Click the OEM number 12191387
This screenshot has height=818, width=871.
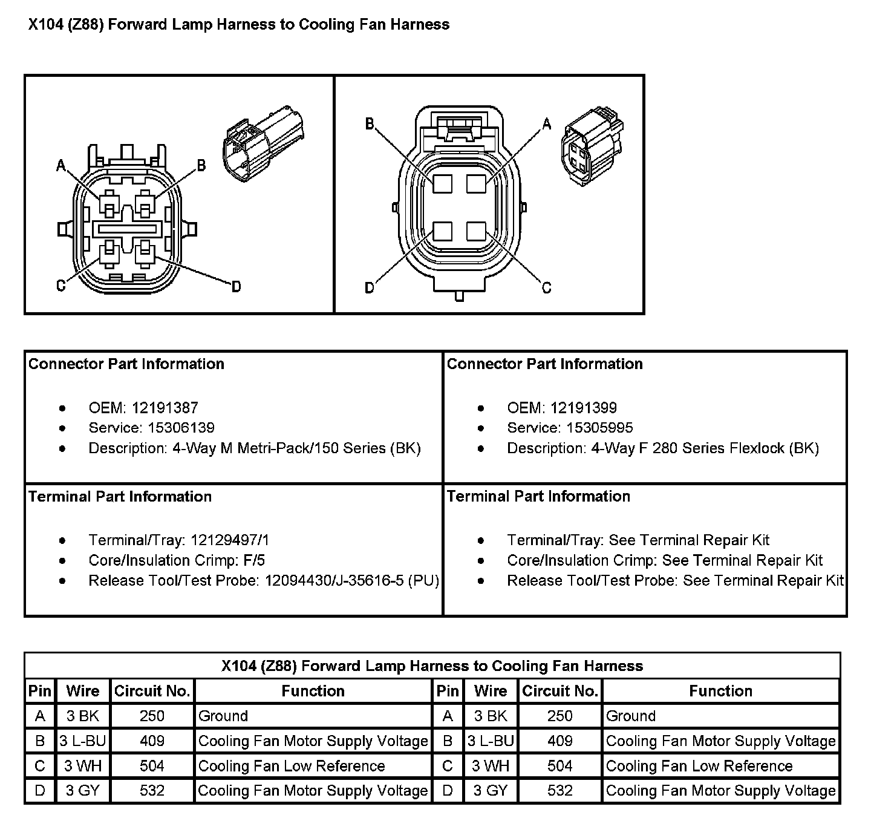coord(165,408)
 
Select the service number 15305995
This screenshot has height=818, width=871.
coord(599,427)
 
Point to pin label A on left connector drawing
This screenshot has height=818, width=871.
coord(61,165)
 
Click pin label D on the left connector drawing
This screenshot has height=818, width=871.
coord(236,287)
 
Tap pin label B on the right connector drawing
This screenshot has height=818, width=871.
coord(370,124)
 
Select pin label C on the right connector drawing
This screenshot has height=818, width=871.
coord(546,288)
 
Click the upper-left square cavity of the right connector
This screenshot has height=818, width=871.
coord(442,183)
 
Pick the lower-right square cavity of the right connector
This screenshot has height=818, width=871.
coord(476,231)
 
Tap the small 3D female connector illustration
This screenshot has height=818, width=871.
coord(592,146)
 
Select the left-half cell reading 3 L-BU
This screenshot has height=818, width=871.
coord(83,741)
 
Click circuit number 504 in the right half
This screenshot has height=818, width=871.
coord(559,766)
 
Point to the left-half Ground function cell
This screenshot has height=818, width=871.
coord(313,716)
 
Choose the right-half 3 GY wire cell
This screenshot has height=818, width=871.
coord(491,790)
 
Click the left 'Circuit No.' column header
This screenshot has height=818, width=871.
coord(152,691)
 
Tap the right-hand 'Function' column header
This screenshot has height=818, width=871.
coord(720,691)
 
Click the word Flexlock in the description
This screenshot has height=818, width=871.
coord(757,448)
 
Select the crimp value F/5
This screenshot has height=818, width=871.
coord(254,560)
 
